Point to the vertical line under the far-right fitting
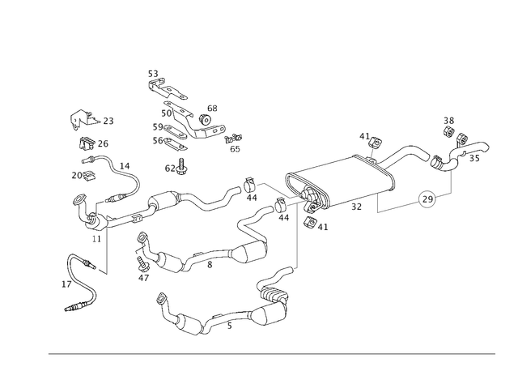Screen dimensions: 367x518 (x=451, y=183)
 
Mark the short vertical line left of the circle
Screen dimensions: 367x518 (x=376, y=203)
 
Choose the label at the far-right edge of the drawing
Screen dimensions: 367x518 (x=484, y=147)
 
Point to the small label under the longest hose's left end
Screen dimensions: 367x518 (x=96, y=237)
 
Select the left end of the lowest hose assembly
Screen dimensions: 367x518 (x=162, y=301)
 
